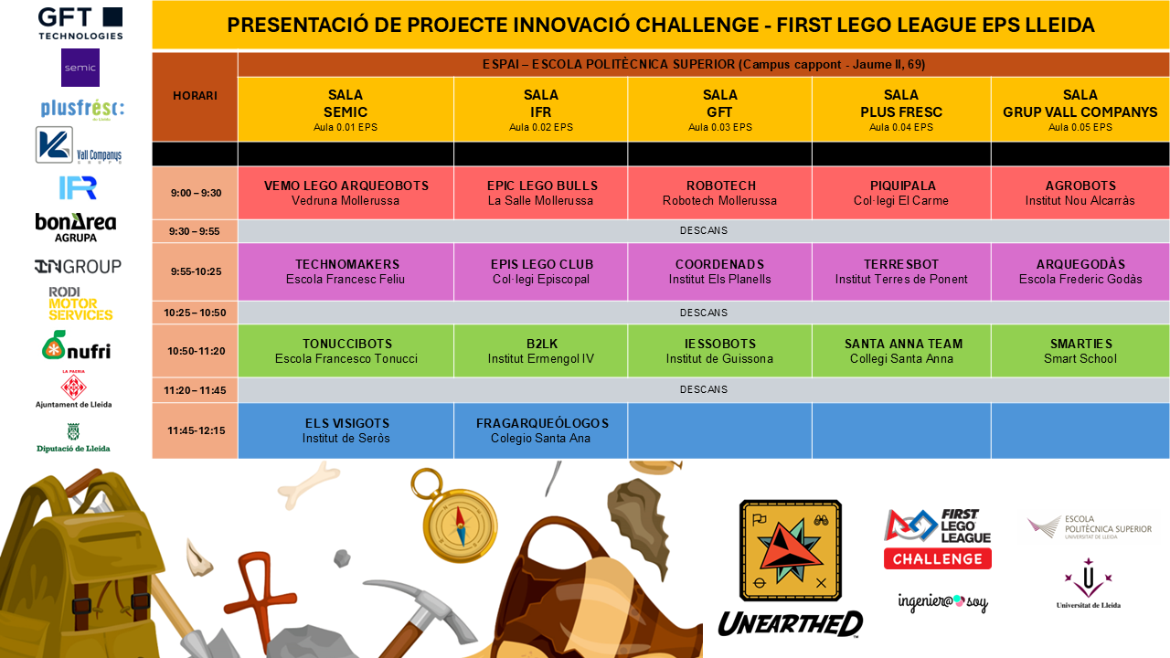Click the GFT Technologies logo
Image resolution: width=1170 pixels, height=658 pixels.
tap(80, 23)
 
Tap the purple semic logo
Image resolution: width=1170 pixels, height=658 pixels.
tap(80, 68)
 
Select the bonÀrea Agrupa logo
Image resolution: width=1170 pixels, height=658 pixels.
tap(76, 227)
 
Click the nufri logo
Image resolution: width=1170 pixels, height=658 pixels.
tap(76, 345)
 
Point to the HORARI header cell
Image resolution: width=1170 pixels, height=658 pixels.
tap(195, 96)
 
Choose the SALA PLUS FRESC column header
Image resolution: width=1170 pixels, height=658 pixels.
tap(900, 109)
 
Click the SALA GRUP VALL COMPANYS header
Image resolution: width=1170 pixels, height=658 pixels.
tap(1080, 109)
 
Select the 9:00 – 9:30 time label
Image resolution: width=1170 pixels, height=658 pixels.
tap(195, 193)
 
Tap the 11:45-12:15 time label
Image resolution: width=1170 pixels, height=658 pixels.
tap(195, 430)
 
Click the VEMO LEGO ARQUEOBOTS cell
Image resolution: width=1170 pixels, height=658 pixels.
tap(346, 193)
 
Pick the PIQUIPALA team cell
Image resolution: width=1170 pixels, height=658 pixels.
tap(900, 193)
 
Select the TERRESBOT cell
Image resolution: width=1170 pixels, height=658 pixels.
tap(900, 271)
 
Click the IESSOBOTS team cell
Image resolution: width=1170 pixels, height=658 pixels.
tap(719, 351)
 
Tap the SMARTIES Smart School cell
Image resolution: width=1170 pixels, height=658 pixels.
tap(1080, 351)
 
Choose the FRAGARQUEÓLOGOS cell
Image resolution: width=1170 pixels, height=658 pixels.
tap(541, 430)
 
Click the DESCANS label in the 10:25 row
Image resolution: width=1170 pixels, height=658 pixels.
tap(703, 313)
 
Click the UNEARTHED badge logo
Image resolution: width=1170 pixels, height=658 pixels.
tap(790, 567)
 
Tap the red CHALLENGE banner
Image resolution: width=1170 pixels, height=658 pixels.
tap(937, 558)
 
